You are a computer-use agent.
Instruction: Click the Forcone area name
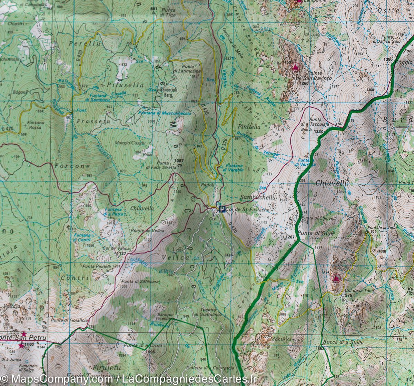(x=72, y=166)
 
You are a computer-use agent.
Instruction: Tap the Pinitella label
(x=249, y=127)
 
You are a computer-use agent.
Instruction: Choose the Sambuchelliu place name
(x=264, y=197)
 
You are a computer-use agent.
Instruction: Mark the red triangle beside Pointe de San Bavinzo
(x=295, y=67)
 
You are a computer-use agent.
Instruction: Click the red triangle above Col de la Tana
(x=336, y=278)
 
